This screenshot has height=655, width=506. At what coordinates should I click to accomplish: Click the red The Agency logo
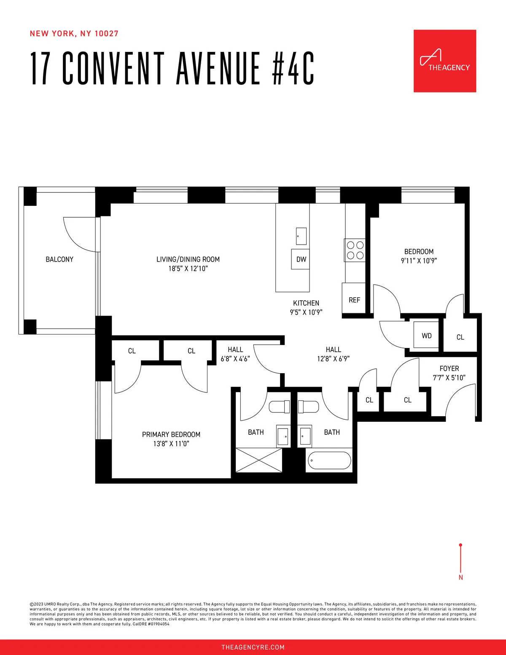pyautogui.click(x=444, y=61)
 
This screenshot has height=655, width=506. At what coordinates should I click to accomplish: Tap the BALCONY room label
pyautogui.click(x=59, y=259)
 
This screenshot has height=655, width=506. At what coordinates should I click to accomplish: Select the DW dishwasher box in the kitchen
pyautogui.click(x=301, y=259)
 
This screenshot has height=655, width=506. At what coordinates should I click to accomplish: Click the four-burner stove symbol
pyautogui.click(x=355, y=250)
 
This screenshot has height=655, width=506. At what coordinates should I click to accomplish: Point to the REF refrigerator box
pyautogui.click(x=354, y=300)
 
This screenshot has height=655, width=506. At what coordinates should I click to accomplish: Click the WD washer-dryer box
pyautogui.click(x=426, y=335)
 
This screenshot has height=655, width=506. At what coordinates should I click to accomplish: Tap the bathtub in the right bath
pyautogui.click(x=329, y=461)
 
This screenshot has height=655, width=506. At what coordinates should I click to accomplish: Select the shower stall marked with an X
pyautogui.click(x=258, y=460)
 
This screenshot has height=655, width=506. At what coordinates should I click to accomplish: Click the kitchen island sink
pyautogui.click(x=301, y=236)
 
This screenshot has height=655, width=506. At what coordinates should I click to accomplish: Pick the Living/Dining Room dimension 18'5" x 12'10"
pyautogui.click(x=188, y=269)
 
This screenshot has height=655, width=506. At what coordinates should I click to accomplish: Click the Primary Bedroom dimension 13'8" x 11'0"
pyautogui.click(x=171, y=444)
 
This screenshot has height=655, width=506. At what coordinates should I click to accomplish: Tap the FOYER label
pyautogui.click(x=449, y=368)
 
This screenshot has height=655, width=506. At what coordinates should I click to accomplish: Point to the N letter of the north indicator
pyautogui.click(x=460, y=577)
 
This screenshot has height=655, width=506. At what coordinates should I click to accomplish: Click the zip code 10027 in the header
pyautogui.click(x=106, y=34)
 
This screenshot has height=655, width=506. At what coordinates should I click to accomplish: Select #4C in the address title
pyautogui.click(x=293, y=68)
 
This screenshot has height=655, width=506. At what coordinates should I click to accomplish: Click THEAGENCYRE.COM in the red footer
pyautogui.click(x=253, y=647)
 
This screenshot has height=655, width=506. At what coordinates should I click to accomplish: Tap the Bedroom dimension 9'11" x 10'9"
pyautogui.click(x=419, y=261)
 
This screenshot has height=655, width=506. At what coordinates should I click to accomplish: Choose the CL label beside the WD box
pyautogui.click(x=460, y=337)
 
